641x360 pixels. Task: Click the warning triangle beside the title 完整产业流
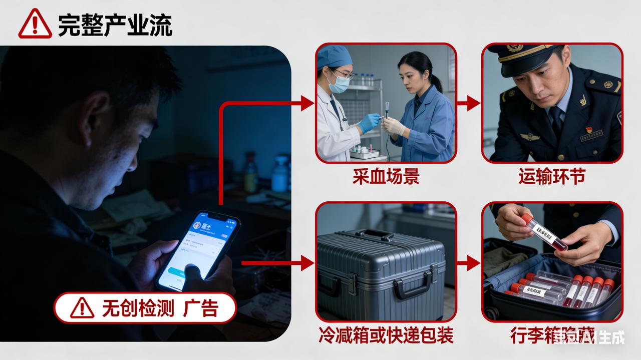click(35, 24)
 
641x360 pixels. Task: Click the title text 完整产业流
click(115, 25)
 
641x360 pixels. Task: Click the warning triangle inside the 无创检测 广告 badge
click(82, 308)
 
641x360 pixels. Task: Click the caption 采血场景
click(386, 177)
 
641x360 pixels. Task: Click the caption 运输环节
click(552, 177)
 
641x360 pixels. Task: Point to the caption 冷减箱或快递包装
click(386, 335)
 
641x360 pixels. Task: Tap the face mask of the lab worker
click(340, 84)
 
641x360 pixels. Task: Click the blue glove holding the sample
click(369, 122)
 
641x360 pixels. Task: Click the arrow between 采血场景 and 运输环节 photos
click(469, 104)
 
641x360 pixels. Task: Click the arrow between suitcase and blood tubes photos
click(469, 262)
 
